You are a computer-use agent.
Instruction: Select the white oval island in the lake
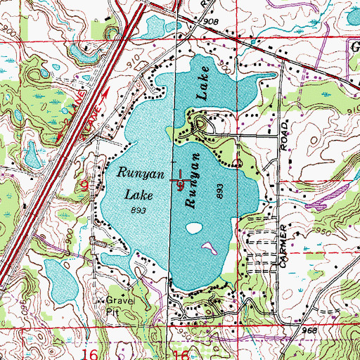click(195, 227)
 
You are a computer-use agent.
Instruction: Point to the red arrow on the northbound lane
click(105, 94)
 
